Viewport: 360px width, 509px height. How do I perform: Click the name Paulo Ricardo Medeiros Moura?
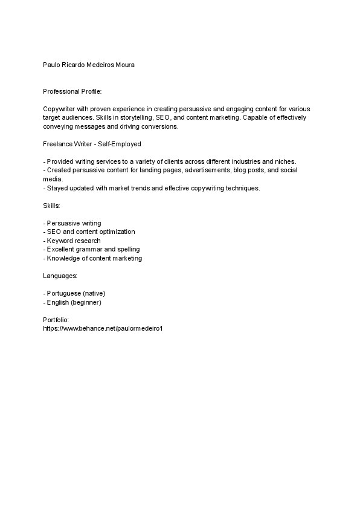coord(89,64)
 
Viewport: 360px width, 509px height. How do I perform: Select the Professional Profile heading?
coord(72,91)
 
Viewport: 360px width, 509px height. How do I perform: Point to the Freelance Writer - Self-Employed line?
coord(92,144)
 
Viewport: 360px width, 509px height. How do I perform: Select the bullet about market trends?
coord(152,189)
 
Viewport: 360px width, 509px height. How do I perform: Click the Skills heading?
coord(52,206)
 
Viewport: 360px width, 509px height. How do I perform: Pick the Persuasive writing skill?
coord(73,224)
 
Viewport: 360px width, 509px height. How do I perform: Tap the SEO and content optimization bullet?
coord(89,232)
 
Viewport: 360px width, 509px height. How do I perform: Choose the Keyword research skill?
coord(72,241)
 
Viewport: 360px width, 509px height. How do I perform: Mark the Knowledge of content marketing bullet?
coord(93,259)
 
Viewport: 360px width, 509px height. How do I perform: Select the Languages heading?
coord(60,276)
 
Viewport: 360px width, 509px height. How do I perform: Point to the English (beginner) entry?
coord(72,302)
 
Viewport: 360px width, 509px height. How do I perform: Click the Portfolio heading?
coord(57,320)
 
